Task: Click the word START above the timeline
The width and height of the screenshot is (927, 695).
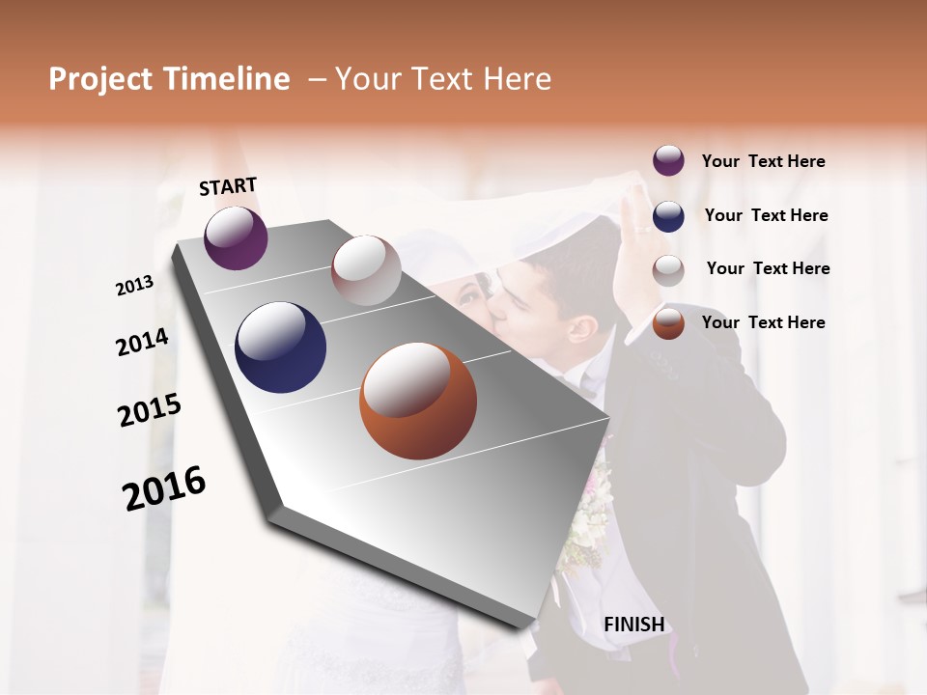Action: tap(228, 186)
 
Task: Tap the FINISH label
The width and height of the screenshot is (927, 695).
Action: tap(634, 625)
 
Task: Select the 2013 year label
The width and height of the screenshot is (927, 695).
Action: tap(135, 285)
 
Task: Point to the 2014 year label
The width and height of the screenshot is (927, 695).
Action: tap(142, 342)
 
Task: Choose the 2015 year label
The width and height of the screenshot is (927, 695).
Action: tap(150, 410)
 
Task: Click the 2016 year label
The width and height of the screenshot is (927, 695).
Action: tap(164, 488)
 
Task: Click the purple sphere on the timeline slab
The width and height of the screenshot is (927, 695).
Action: tap(236, 237)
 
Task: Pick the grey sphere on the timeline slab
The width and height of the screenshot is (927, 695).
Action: tap(366, 269)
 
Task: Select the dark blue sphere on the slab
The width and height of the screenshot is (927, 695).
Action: tap(280, 347)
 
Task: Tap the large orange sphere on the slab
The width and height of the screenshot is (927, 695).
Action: tap(418, 401)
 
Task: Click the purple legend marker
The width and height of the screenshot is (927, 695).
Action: tap(668, 161)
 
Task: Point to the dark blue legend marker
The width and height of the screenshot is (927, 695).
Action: tap(668, 216)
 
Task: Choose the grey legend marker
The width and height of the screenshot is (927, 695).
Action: tap(668, 270)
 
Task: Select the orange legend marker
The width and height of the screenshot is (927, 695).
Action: tap(668, 323)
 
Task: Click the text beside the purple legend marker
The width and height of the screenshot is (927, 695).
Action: tap(763, 161)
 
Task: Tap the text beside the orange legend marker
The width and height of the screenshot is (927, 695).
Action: tap(763, 322)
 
